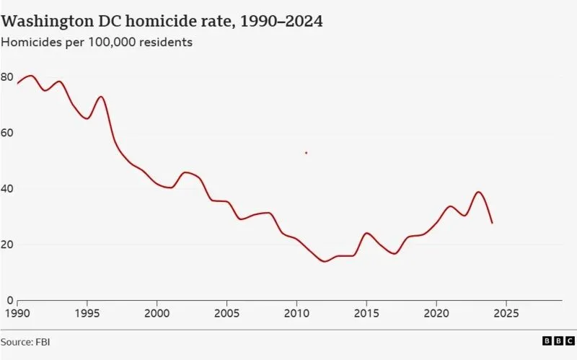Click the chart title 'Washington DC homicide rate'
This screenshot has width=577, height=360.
coord(162,21)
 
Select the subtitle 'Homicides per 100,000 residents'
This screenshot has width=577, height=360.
coord(97,43)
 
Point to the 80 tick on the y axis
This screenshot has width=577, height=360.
coord(6,77)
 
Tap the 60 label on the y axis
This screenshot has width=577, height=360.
coord(6,133)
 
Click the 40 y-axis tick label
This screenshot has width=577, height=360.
coord(6,188)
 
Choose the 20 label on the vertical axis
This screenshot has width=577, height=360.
coord(6,244)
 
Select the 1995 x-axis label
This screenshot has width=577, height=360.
coord(87,314)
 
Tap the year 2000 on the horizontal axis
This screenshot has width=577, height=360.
coord(157,314)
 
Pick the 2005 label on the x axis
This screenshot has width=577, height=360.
coord(226,314)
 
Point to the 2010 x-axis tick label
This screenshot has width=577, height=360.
coord(296,314)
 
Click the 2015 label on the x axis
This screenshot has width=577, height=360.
coord(366,314)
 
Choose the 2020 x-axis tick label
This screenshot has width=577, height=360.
coord(436,314)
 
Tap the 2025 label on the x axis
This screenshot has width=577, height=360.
coord(506,314)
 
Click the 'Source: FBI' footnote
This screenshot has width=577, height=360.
coord(26,342)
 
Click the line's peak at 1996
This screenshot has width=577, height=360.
coord(100,97)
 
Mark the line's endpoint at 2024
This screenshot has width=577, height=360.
coord(492,223)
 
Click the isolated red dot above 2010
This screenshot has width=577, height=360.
coord(307,153)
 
